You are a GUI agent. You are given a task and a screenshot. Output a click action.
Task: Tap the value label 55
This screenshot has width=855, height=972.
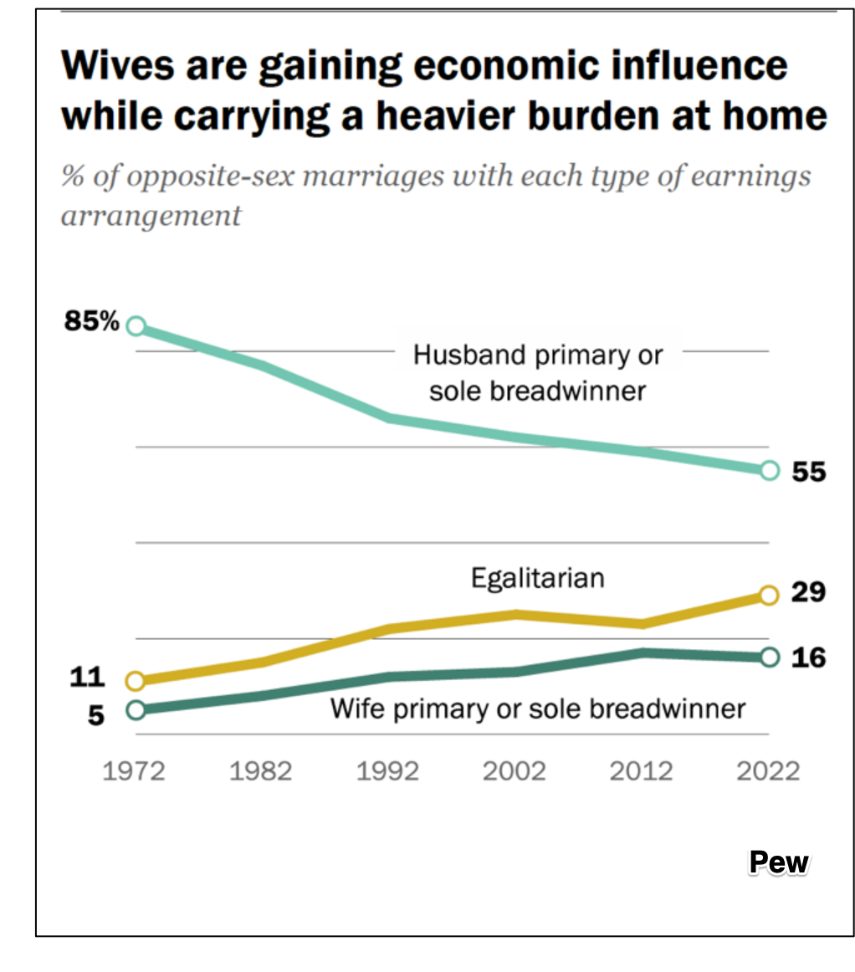(809, 473)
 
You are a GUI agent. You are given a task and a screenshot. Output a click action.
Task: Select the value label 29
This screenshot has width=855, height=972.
(809, 592)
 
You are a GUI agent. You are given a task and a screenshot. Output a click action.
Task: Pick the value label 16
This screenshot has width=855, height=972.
(809, 657)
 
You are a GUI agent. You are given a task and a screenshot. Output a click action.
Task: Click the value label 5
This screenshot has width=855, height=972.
(97, 717)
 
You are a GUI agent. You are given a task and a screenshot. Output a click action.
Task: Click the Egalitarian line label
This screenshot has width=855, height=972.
(537, 578)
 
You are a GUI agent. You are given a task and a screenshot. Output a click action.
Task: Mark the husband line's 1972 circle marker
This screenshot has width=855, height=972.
(136, 326)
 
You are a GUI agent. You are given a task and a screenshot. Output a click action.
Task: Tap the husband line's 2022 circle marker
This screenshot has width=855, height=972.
(770, 471)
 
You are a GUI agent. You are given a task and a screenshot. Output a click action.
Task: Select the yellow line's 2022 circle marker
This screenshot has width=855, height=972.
(770, 595)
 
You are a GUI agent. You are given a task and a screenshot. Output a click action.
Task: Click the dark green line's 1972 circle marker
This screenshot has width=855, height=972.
(136, 710)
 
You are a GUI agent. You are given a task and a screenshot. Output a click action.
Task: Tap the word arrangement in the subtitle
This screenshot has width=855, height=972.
(151, 216)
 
